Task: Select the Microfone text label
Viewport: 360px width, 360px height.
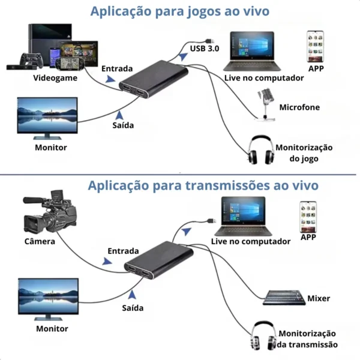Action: [299, 108]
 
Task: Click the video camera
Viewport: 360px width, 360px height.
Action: [50, 213]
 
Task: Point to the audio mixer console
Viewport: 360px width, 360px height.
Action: [284, 296]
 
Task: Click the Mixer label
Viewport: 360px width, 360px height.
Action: [319, 298]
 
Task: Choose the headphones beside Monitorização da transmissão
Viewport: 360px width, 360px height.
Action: [263, 335]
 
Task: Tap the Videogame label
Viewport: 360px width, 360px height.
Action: [51, 78]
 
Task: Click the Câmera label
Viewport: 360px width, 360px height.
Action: [40, 242]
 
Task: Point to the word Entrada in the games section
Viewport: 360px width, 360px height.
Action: [117, 69]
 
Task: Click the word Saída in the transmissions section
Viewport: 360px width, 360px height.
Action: [133, 308]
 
